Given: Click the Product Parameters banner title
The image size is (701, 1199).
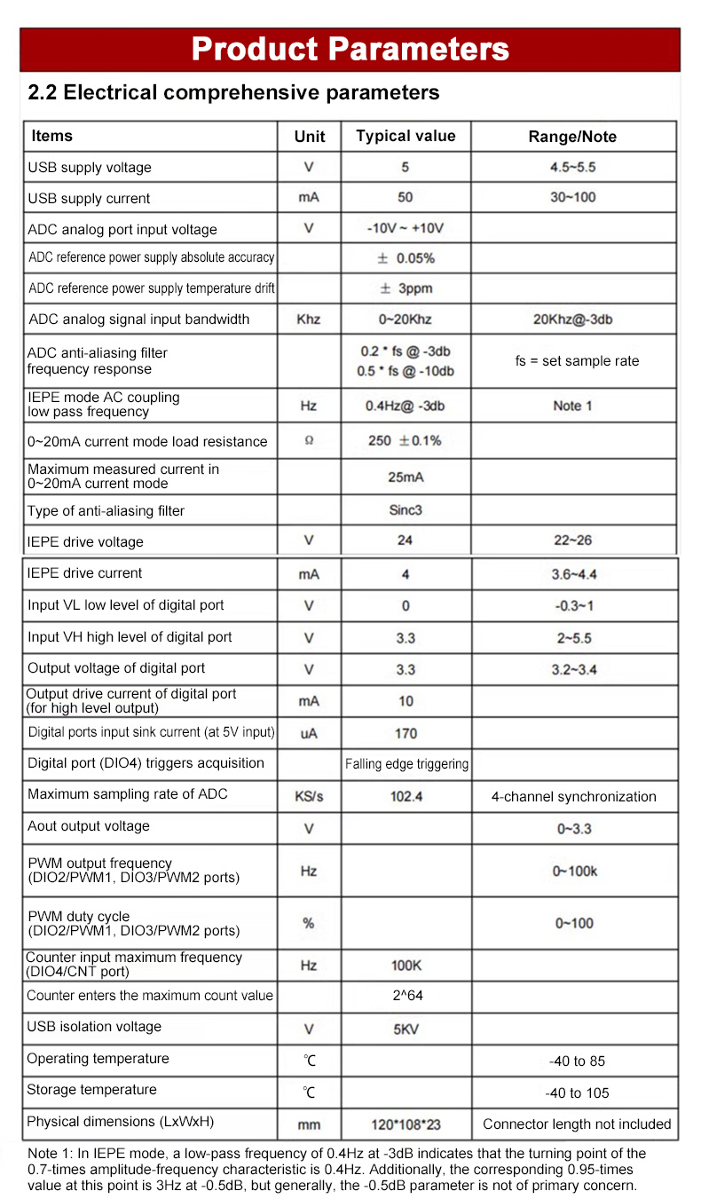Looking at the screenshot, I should coord(350,49).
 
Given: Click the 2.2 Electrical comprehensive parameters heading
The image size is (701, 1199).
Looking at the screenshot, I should coord(233,92).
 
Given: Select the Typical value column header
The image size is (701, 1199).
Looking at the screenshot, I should coord(406,136).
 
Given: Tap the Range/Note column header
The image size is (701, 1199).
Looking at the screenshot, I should coord(572,137).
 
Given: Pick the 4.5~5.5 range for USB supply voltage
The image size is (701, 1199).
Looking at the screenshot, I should coord(572,167).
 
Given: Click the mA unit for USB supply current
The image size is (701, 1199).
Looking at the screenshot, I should coord(309,198).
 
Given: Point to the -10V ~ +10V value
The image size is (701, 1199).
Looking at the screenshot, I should coord(406,228).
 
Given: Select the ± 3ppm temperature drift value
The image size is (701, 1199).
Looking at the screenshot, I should coord(406,288).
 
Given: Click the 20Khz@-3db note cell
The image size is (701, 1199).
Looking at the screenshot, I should coord(572,319).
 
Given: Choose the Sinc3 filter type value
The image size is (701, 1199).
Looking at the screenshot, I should coord(406,510).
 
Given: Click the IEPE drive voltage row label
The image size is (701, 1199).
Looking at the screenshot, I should coord(85,541).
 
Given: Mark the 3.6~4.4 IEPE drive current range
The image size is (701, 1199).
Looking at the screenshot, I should coord(574,574).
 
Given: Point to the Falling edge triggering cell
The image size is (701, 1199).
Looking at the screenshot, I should coord(406,763).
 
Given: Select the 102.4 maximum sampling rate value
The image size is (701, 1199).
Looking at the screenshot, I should coord(406,796).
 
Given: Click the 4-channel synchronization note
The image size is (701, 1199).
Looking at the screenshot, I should coord(574,796).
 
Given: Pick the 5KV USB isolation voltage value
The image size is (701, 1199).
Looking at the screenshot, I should coord(406,1029).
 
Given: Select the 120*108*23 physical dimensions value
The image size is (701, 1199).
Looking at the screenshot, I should coord(406,1124).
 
